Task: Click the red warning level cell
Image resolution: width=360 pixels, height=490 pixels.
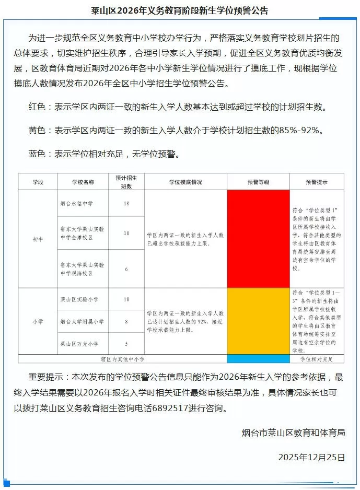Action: click(258, 238)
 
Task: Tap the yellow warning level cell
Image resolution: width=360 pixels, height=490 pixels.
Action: click(258, 321)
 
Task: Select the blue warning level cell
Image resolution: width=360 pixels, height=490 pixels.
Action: click(258, 359)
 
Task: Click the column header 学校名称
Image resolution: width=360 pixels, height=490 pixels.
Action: click(84, 182)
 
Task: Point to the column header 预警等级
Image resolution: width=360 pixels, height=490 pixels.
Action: click(258, 182)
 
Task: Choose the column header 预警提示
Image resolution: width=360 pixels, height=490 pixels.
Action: click(317, 182)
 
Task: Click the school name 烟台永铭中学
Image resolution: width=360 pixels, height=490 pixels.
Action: click(76, 203)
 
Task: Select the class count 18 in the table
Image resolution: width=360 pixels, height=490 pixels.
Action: click(126, 203)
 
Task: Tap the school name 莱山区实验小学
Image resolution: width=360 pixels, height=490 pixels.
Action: click(79, 299)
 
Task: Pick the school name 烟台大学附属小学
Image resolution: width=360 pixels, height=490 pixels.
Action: click(83, 321)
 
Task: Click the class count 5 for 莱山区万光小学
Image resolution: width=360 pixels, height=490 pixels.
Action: click(126, 343)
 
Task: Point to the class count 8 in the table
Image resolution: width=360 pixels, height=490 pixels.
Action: click(126, 321)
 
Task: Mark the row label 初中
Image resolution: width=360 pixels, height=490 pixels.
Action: click(39, 239)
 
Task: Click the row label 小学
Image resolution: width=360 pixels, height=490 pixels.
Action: click(39, 321)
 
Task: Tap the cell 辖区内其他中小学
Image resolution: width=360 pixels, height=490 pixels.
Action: click(123, 359)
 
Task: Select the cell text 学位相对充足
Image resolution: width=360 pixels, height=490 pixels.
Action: click(316, 359)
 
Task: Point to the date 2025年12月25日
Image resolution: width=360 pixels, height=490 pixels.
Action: click(311, 457)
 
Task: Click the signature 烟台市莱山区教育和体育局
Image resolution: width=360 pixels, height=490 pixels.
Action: click(293, 433)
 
